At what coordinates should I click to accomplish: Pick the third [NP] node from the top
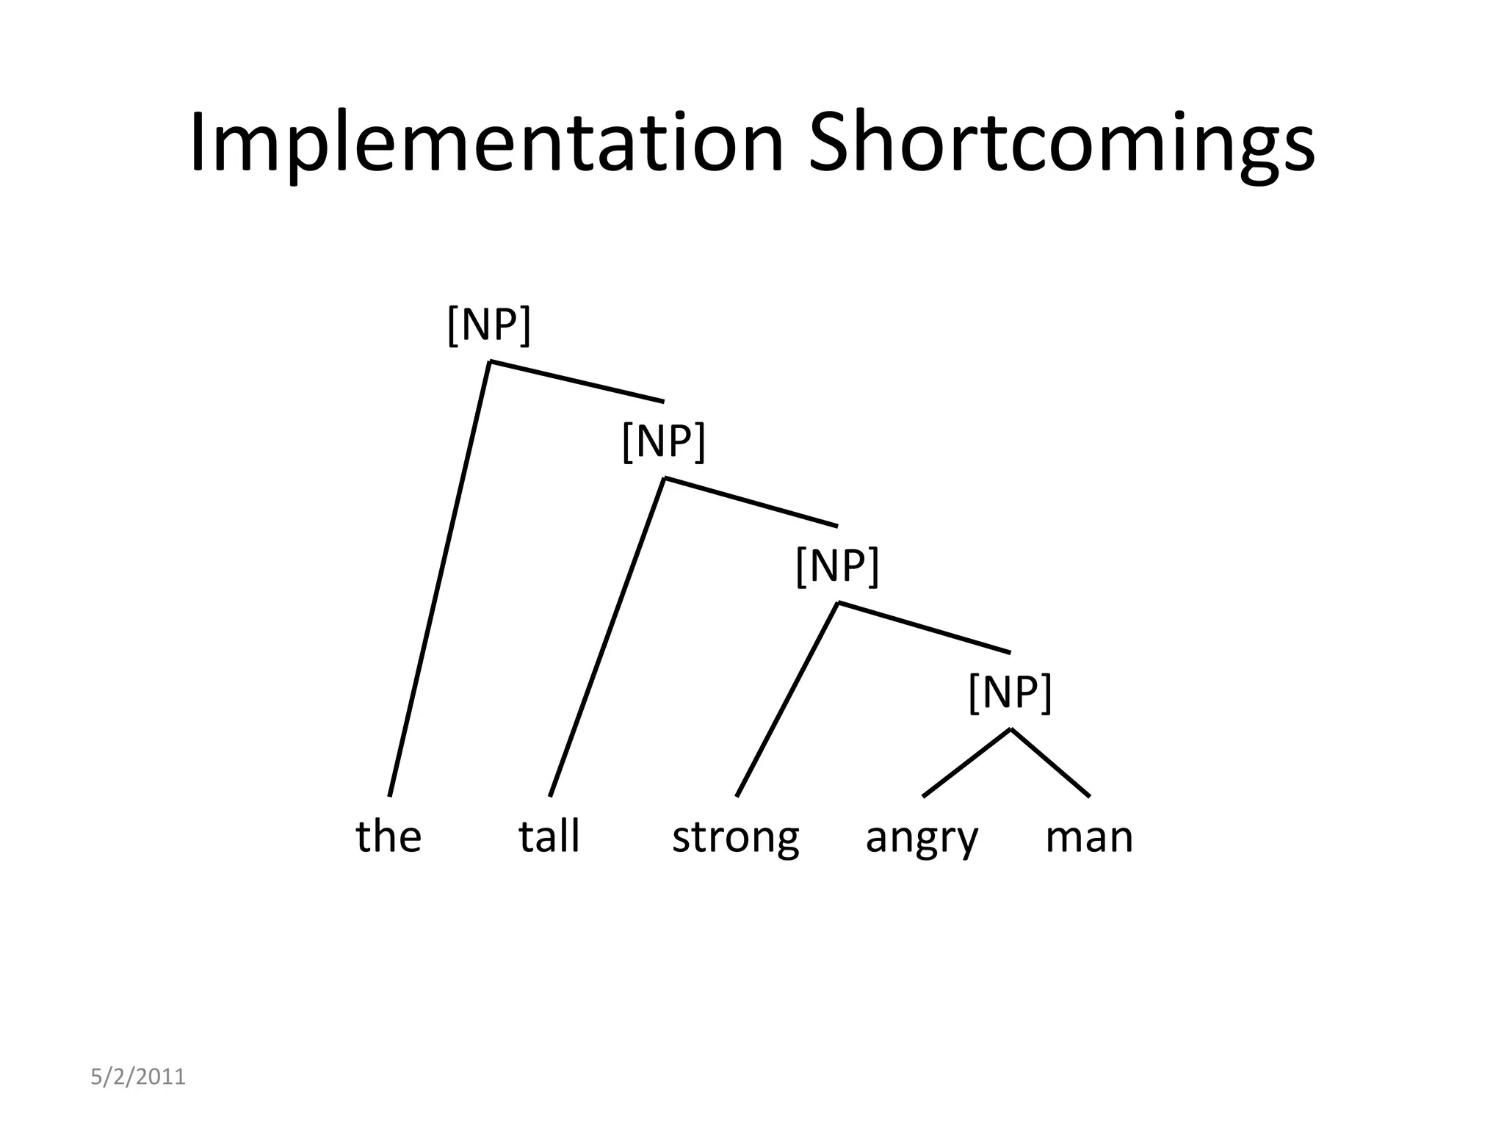tap(837, 565)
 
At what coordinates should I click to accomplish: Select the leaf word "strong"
tap(735, 837)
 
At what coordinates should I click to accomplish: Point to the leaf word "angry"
tap(922, 837)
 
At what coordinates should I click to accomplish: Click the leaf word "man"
tap(1089, 837)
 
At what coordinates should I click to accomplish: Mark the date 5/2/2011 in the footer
tap(138, 1077)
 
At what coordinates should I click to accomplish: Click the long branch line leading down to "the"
tap(439, 579)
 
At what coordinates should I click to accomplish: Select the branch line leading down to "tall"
tap(607, 637)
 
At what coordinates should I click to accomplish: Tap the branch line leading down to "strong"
tap(787, 699)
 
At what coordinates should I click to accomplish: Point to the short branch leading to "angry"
tap(966, 762)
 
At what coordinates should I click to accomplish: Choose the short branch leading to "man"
tap(1050, 762)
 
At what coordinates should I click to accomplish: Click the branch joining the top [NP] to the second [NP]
tap(577, 382)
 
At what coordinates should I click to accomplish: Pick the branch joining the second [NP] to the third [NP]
tap(751, 502)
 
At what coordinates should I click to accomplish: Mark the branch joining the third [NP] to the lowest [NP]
tap(924, 627)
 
